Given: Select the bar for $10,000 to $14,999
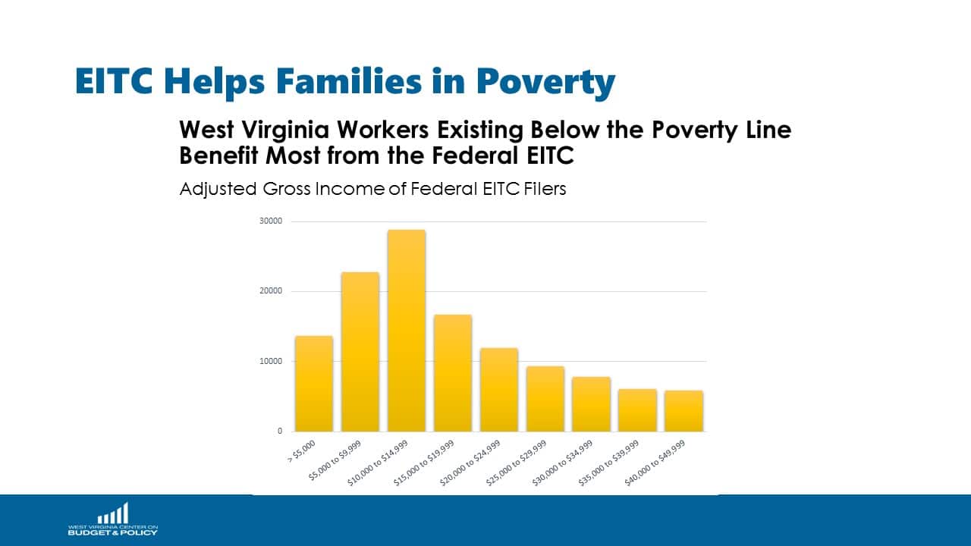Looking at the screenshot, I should (x=407, y=331).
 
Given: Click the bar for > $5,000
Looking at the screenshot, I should (x=314, y=384).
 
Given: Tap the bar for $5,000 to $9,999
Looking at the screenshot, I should (x=360, y=352).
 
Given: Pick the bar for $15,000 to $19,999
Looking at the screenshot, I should (x=453, y=373).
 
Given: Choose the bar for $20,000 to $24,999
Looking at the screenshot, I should (x=499, y=390).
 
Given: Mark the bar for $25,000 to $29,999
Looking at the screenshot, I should (x=545, y=399).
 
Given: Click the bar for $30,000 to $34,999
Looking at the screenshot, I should (x=592, y=404).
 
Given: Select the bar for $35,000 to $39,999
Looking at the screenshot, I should (x=637, y=410).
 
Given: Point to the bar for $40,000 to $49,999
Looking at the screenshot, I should (x=683, y=411).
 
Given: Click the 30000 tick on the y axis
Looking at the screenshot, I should (x=271, y=221).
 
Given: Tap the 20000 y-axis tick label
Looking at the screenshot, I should (x=271, y=291).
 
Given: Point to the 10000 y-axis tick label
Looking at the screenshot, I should (x=271, y=361).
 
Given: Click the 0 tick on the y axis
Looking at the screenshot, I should (x=279, y=431).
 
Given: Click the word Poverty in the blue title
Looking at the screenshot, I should (x=545, y=82).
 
